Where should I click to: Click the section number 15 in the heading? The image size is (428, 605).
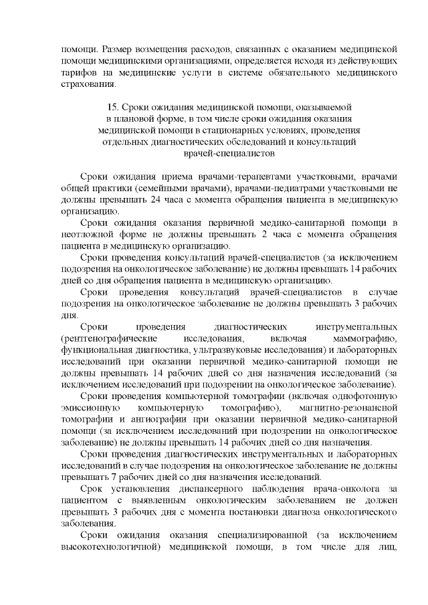click(x=112, y=107)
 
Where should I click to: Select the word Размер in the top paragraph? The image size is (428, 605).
click(x=120, y=49)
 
